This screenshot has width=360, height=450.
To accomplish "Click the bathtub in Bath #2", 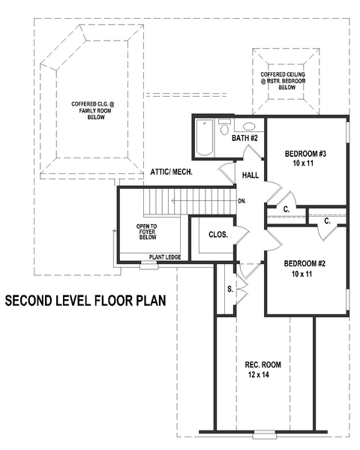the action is pyautogui.click(x=205, y=137).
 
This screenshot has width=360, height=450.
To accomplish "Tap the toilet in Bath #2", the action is pyautogui.click(x=224, y=127).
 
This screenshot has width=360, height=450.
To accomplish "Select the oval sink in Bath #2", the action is pyautogui.click(x=248, y=126).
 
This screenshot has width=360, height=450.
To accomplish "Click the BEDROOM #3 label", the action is pyautogui.click(x=305, y=154).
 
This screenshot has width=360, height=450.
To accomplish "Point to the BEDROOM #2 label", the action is pyautogui.click(x=304, y=263).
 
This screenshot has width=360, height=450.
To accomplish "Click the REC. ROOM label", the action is pyautogui.click(x=263, y=364).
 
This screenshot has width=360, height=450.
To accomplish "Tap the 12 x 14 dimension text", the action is pyautogui.click(x=259, y=374).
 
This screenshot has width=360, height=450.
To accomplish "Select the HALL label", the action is pyautogui.click(x=250, y=175).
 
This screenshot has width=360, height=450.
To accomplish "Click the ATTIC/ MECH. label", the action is pyautogui.click(x=172, y=172).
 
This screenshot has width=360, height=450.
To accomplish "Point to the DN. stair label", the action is pyautogui.click(x=242, y=201).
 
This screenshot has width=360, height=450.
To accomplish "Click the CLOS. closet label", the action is pyautogui.click(x=218, y=235).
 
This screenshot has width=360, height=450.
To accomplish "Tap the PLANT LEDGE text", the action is pyautogui.click(x=165, y=257).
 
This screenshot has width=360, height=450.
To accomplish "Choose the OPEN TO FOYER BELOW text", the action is pyautogui.click(x=146, y=232).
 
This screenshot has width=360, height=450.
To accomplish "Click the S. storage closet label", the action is pyautogui.click(x=230, y=289).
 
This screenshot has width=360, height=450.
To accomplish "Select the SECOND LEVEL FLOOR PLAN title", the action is pyautogui.click(x=85, y=301).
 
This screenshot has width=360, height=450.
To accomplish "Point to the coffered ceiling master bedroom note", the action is pyautogui.click(x=283, y=81).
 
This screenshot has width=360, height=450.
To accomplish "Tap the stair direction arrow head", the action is pyautogui.click(x=173, y=201).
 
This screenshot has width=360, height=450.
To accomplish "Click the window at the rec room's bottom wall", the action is pyautogui.click(x=265, y=434).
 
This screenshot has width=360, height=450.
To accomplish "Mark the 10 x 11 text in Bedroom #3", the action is pyautogui.click(x=303, y=163).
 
